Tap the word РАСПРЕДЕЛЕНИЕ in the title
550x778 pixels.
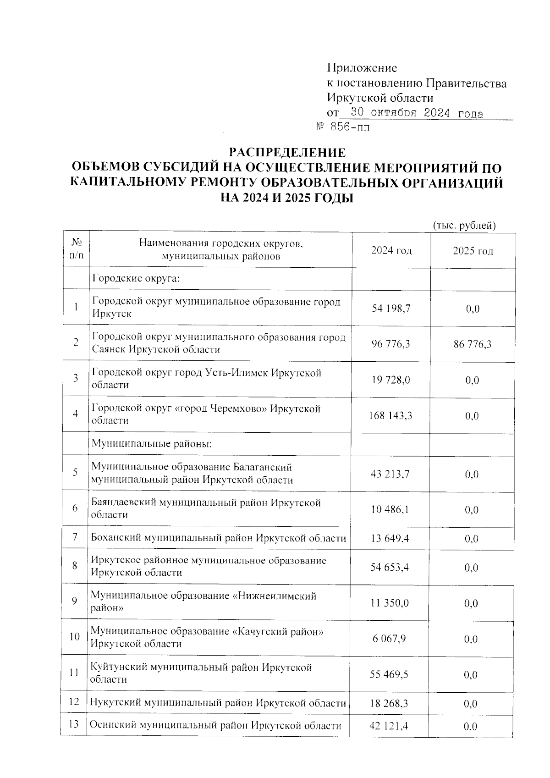pyautogui.click(x=287, y=152)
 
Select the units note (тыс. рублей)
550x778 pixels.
pyautogui.click(x=464, y=226)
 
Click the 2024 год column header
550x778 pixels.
pyautogui.click(x=391, y=251)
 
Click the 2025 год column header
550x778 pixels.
pyautogui.click(x=473, y=251)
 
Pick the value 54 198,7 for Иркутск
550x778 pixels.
pyautogui.click(x=391, y=309)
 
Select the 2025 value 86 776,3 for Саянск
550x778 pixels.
pyautogui.click(x=473, y=344)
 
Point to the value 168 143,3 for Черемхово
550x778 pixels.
pyautogui.click(x=390, y=416)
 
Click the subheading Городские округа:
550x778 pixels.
pyautogui.click(x=136, y=278)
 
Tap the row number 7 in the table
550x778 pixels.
pyautogui.click(x=75, y=537)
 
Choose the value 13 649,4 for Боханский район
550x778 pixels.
pyautogui.click(x=390, y=539)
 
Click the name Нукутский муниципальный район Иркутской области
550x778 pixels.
pyautogui.click(x=218, y=703)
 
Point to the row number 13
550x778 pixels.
pyautogui.click(x=74, y=724)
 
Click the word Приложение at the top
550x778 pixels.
pyautogui.click(x=362, y=68)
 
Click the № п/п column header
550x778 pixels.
pyautogui.click(x=76, y=250)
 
